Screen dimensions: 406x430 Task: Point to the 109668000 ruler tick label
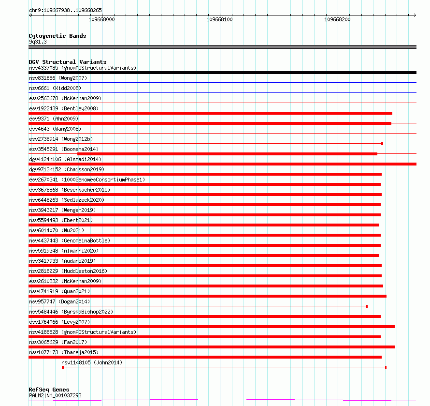[x=102, y=20]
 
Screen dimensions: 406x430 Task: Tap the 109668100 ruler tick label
[x=219, y=20]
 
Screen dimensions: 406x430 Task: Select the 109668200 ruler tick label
[x=337, y=20]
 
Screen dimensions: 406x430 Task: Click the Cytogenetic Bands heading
[x=57, y=36]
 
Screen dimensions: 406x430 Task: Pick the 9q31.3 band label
[x=38, y=42]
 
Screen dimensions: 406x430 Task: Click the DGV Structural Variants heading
[x=67, y=62]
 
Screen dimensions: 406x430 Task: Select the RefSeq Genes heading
[x=49, y=390]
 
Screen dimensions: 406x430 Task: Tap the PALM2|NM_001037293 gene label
[x=55, y=395]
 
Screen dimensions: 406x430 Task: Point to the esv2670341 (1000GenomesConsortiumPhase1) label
[x=86, y=180]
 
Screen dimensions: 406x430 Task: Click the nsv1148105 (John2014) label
[x=92, y=362]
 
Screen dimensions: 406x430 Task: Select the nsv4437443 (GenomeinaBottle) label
[x=70, y=241]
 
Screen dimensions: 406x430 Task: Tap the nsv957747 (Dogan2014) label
[x=59, y=301]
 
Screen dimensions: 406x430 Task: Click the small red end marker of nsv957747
[x=367, y=306]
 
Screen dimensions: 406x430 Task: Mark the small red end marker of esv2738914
[x=382, y=144]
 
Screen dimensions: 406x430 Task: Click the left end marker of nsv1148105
[x=63, y=367]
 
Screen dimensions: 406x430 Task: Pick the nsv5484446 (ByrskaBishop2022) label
[x=71, y=312]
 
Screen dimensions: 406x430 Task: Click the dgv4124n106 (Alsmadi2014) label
[x=65, y=159]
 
